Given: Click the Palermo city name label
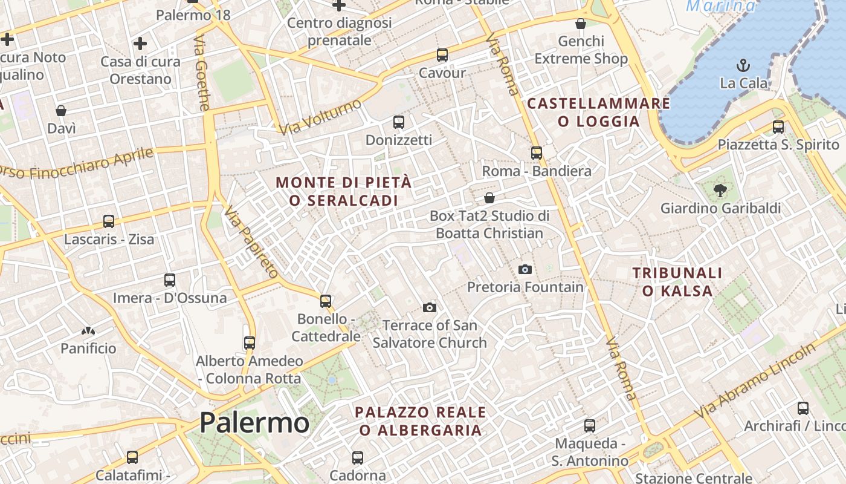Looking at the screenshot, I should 254,422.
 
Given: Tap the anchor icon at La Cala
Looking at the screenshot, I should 743,65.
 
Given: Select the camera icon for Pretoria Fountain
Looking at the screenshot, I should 525,269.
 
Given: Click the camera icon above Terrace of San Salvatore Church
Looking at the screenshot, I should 430,307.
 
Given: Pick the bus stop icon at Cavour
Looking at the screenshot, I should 442,55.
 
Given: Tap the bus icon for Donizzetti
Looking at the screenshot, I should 399,122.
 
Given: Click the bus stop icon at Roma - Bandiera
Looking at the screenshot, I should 537,153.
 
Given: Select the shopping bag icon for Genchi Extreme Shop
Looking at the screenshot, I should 581,24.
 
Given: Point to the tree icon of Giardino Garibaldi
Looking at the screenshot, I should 720,191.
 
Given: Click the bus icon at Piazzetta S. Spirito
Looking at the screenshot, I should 778,127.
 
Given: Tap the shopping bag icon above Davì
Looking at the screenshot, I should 61,111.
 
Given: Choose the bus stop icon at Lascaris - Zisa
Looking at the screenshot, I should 109,221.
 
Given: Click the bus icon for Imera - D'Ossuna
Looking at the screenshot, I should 170,280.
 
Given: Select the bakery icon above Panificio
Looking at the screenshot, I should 88,331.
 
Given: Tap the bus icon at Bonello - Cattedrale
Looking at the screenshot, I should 326,301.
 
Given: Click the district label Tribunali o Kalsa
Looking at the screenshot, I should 677,282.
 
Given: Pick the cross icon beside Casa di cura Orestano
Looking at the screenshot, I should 140,44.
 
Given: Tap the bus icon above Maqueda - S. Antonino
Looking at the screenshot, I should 590,426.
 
